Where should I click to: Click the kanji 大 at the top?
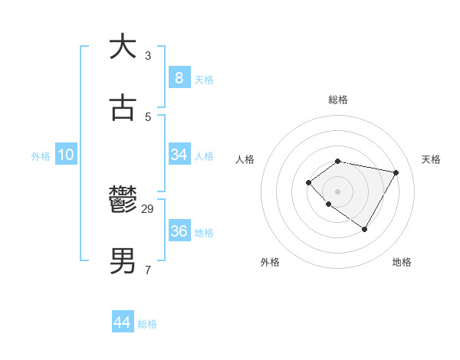[x=123, y=46]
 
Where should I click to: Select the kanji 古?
[x=123, y=108]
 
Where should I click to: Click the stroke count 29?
[x=149, y=208]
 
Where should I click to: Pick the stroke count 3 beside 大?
[x=148, y=55]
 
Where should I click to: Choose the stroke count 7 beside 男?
[x=148, y=270]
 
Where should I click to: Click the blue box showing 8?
[x=179, y=77]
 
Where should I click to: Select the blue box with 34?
[x=179, y=155]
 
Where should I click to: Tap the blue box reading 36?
[x=179, y=231]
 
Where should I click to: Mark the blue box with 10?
[x=66, y=155]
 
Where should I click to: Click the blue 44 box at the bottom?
[x=122, y=322]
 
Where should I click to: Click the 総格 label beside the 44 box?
[x=147, y=324]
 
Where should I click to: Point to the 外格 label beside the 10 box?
[x=41, y=156]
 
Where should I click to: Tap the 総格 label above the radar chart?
[x=338, y=100]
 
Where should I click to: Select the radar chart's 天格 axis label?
[x=431, y=159]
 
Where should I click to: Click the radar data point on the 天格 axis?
[x=396, y=172]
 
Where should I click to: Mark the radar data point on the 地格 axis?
[x=365, y=229]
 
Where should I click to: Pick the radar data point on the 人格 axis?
[x=308, y=182]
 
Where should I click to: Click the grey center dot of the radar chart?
[x=338, y=191]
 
